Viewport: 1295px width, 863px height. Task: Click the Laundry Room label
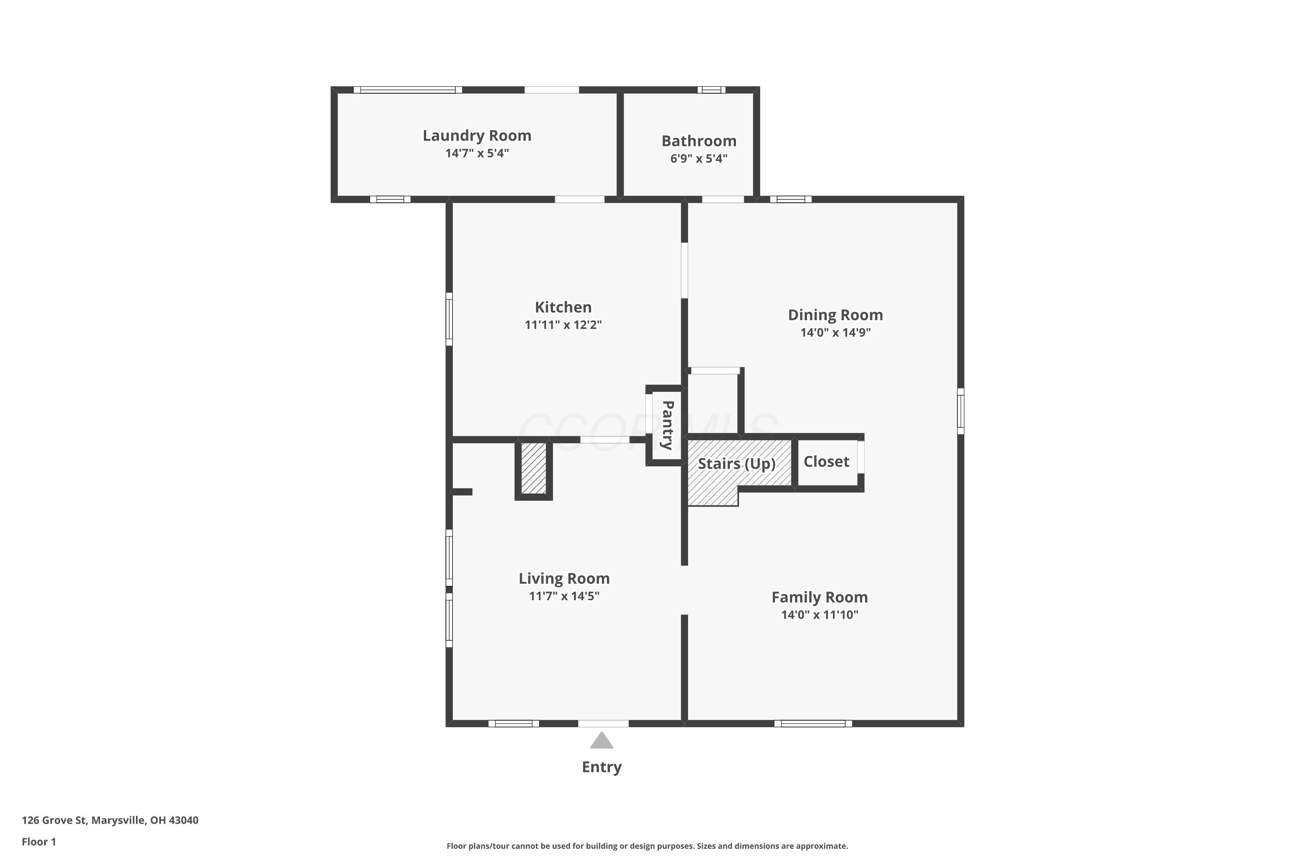click(x=477, y=136)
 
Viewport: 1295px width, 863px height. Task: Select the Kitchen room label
click(x=563, y=307)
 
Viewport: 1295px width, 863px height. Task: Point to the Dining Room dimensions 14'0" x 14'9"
click(x=835, y=332)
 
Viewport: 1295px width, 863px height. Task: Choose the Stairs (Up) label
click(x=737, y=464)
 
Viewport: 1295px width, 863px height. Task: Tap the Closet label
click(x=826, y=462)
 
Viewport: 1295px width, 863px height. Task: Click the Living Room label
click(x=564, y=579)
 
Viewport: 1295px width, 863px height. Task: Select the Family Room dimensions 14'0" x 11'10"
click(x=819, y=615)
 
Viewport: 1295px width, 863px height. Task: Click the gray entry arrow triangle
click(x=601, y=741)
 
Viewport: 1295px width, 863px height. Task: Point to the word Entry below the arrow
click(x=601, y=767)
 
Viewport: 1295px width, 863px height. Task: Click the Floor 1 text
click(x=38, y=841)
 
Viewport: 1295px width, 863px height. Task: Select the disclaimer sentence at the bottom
click(x=647, y=846)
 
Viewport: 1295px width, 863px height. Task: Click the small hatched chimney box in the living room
click(x=534, y=469)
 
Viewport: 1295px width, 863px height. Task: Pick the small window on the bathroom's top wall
click(x=711, y=90)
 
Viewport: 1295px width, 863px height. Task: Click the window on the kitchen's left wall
click(x=449, y=319)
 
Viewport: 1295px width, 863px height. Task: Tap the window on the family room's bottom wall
click(x=813, y=724)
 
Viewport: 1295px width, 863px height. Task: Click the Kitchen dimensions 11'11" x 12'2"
click(x=563, y=325)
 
